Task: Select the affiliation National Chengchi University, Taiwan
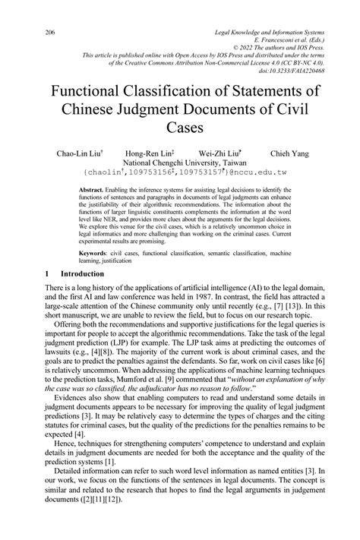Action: coord(180,163)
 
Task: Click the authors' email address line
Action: coord(180,173)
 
